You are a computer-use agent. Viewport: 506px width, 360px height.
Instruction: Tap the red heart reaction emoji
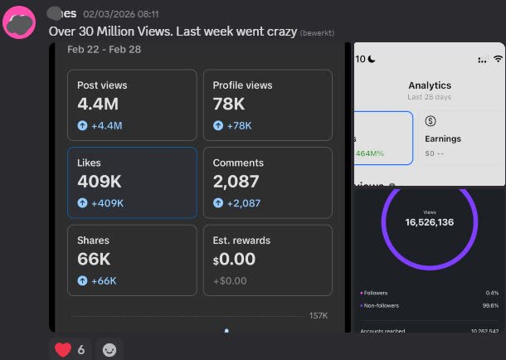[63, 349]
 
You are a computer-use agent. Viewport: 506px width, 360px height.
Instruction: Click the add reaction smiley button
[109, 350]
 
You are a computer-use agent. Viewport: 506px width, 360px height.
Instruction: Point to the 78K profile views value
[228, 104]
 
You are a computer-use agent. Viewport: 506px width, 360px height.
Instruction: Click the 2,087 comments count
[236, 182]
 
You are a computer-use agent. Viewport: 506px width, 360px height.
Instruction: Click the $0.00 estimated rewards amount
[234, 259]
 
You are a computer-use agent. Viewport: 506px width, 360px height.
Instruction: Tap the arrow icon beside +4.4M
[82, 126]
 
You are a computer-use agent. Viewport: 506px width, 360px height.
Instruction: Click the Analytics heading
[429, 85]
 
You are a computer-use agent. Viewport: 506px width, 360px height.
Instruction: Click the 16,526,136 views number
[429, 222]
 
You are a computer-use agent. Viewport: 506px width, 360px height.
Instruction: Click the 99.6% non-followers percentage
[489, 305]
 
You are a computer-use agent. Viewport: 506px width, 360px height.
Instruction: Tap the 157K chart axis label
[319, 315]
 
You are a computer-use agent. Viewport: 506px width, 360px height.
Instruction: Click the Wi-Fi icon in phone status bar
[498, 59]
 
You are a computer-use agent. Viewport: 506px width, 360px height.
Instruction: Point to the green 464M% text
[371, 153]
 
